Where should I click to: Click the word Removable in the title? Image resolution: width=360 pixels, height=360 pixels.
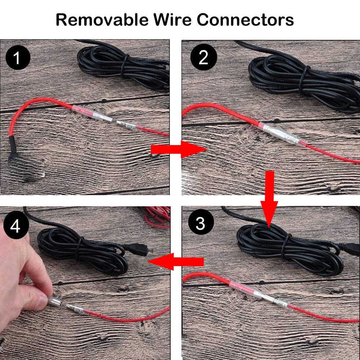click(102, 20)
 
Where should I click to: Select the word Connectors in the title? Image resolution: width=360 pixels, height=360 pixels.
click(245, 20)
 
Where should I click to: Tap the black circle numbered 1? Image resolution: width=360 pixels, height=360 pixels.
click(18, 57)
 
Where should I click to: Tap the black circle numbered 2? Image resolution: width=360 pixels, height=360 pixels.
click(204, 57)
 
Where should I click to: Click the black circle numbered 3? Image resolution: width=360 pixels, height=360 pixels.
click(201, 222)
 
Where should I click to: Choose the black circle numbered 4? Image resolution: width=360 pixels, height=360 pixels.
click(15, 226)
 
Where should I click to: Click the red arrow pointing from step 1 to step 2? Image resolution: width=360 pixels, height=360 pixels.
click(179, 149)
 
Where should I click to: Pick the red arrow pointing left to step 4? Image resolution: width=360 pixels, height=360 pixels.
click(175, 261)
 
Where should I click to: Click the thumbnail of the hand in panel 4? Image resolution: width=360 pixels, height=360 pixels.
click(42, 300)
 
